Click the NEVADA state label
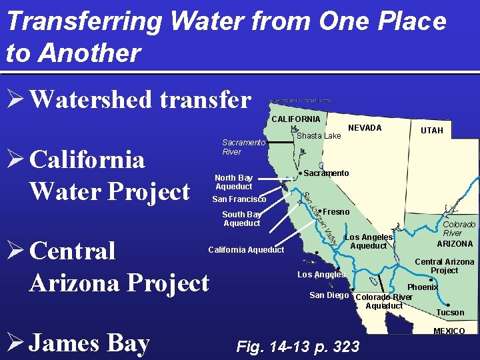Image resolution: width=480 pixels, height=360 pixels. tap(365, 127)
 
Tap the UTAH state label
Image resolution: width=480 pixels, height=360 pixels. tap(431, 131)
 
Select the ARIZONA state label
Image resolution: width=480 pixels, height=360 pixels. tap(455, 244)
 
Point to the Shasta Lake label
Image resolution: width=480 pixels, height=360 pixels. tap(319, 136)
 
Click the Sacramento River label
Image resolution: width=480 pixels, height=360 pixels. tap(243, 147)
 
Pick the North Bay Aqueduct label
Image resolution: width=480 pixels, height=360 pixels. tap(233, 182)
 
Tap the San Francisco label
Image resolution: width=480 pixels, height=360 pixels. tap(239, 199)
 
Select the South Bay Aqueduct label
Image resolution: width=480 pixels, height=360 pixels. tap(241, 219)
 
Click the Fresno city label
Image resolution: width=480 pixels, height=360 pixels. tap(336, 211)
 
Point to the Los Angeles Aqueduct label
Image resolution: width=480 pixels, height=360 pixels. tap(368, 241)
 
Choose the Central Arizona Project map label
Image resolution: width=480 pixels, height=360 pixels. tap(444, 266)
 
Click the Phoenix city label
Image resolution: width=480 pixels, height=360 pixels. tap(422, 287)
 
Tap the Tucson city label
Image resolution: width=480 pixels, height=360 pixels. tap(450, 312)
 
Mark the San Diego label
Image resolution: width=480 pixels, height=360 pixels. tap(329, 295)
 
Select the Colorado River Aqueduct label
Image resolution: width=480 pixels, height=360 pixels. tap(384, 301)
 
